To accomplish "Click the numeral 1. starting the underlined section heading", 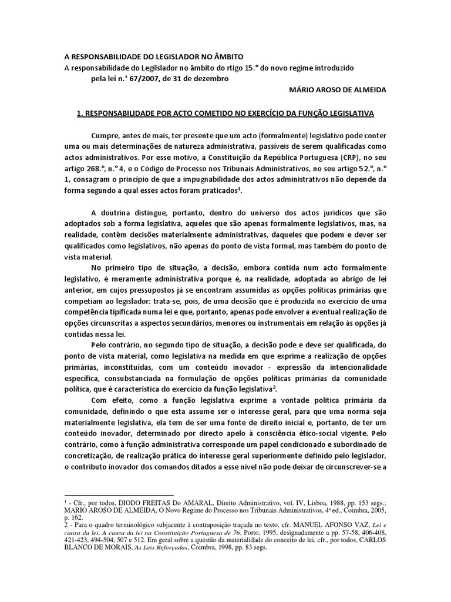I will pyautogui.click(x=80, y=112).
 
